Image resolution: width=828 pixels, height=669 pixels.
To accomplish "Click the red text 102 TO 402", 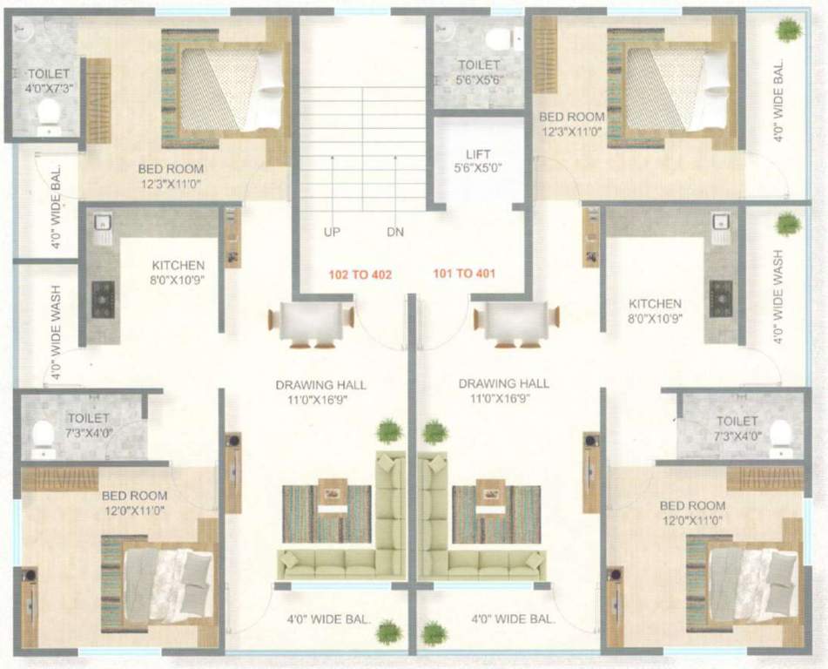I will point(360,274).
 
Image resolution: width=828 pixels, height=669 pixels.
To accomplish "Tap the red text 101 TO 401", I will point(464,274).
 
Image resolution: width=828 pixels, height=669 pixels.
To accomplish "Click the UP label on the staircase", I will point(332,233).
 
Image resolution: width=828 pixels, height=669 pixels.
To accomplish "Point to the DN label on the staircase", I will point(395,233).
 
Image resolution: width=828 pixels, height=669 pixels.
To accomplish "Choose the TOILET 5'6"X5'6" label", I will point(479,71).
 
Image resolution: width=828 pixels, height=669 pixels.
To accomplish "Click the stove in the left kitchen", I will point(104,298).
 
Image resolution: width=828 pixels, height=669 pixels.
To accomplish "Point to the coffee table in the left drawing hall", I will point(333,494).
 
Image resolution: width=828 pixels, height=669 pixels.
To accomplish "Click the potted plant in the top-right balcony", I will point(789,30).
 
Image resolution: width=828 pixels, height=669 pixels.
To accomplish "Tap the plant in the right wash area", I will point(788,224).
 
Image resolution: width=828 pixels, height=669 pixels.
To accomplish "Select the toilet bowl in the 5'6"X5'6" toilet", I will point(500,39).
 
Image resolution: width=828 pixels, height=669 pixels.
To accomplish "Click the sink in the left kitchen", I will point(101,225).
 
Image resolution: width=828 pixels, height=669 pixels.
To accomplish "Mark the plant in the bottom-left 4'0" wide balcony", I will point(388,631).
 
